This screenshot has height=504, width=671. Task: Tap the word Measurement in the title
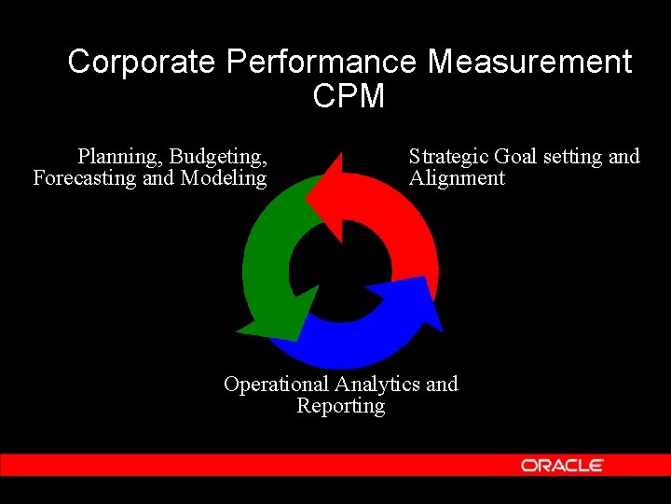(529, 63)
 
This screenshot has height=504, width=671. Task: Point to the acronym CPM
(349, 96)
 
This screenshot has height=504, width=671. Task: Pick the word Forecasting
(85, 178)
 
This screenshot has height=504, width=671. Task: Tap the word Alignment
(457, 178)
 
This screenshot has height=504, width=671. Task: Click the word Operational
(277, 385)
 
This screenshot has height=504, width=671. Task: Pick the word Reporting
(340, 406)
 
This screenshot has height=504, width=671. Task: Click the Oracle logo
(562, 465)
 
